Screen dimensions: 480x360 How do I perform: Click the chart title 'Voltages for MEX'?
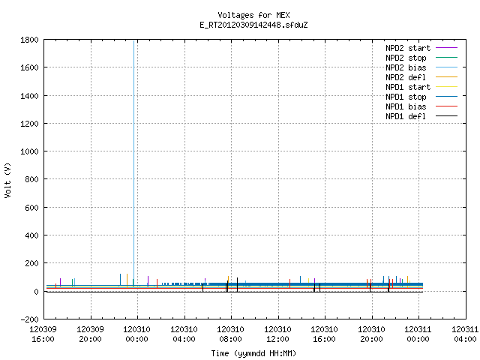[253, 15]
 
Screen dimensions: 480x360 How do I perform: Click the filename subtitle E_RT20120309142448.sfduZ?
[253, 25]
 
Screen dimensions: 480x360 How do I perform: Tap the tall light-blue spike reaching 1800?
[133, 163]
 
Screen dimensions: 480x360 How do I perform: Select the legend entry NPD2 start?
[421, 48]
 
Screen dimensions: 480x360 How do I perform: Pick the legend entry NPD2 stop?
[421, 58]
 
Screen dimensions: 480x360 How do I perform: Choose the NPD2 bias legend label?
[421, 67]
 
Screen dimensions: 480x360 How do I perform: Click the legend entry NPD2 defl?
[421, 77]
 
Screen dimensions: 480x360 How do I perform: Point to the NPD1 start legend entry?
[421, 87]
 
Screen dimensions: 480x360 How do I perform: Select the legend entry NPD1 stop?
[421, 97]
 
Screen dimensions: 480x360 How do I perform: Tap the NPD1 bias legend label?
[421, 106]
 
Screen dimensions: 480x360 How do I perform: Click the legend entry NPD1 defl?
[421, 116]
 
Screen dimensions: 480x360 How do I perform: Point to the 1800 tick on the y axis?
[30, 40]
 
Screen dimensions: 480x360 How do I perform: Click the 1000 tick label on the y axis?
[30, 151]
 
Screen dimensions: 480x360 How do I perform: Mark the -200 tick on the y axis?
[30, 319]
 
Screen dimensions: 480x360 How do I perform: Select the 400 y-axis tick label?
[31, 235]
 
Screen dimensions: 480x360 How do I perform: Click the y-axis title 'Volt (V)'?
[7, 181]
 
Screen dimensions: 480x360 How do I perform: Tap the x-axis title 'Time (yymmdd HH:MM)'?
[253, 353]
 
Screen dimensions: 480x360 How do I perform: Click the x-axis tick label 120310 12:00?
[277, 334]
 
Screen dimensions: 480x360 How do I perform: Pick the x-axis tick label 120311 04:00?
[465, 334]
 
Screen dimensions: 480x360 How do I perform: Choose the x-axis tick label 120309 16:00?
[43, 334]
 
